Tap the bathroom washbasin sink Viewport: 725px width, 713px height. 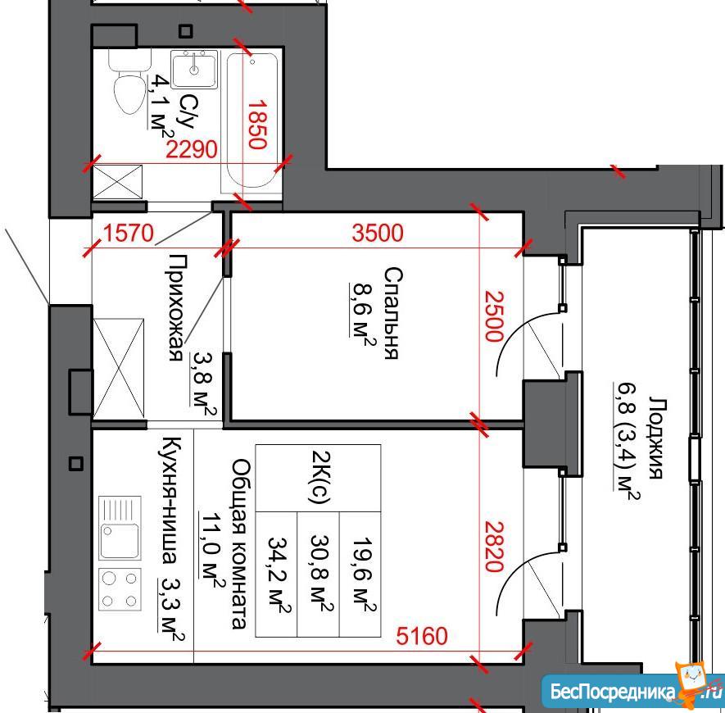click(194, 70)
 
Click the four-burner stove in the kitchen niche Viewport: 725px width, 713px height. click(120, 589)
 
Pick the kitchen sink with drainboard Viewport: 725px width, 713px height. click(120, 528)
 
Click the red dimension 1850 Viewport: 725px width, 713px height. click(257, 125)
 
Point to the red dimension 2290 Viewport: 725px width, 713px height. click(192, 149)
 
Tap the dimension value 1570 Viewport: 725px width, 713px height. click(128, 234)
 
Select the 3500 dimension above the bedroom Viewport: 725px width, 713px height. click(378, 233)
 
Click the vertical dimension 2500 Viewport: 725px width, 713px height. click(493, 316)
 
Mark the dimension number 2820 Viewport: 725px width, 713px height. click(493, 547)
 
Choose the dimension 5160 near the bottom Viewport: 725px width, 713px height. click(422, 636)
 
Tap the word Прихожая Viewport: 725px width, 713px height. click(175, 307)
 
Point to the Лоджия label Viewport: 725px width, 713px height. click(656, 437)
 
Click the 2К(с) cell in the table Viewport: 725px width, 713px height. click(318, 478)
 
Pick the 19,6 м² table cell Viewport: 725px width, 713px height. click(360, 574)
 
